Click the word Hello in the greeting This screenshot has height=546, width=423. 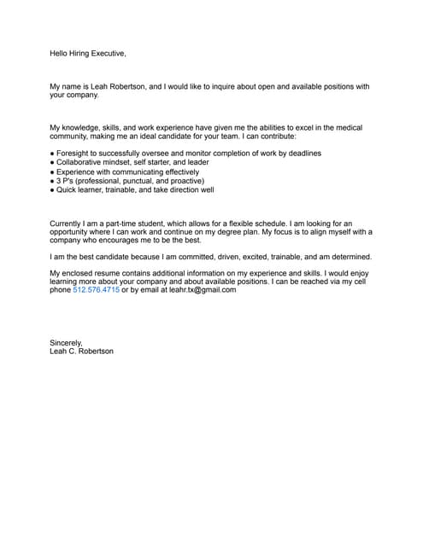(59, 54)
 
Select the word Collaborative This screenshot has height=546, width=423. (82, 162)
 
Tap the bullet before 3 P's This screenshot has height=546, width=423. (52, 181)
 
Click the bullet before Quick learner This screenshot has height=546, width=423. (52, 190)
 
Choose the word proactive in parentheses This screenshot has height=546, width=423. (183, 181)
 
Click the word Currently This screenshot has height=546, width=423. (68, 224)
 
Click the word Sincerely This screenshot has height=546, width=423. (66, 343)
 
